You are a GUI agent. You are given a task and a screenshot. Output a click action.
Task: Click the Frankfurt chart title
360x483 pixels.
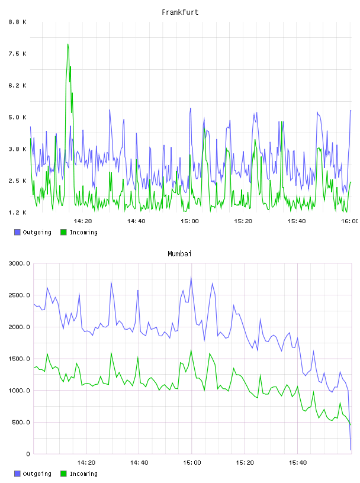coord(180,12)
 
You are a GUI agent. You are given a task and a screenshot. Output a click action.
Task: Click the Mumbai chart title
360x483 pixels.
coord(179,253)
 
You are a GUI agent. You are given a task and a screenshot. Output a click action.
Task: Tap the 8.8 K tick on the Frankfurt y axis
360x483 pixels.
coord(18,22)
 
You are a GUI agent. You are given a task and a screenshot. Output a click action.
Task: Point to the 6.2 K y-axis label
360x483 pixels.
coord(18,85)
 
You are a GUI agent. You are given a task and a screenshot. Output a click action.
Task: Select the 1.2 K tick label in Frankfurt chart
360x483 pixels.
coord(18,212)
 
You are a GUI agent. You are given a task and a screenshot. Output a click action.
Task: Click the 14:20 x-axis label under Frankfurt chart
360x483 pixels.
coord(83,221)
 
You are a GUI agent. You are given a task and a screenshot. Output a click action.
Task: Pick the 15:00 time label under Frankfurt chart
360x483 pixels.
coord(189,221)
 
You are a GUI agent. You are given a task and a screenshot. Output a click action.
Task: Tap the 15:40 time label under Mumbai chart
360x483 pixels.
coord(298,462)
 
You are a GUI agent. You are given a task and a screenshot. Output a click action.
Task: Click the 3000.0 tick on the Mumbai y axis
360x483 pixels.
coord(20,263)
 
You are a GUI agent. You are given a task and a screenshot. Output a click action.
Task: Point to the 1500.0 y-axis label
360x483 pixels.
coord(20,359)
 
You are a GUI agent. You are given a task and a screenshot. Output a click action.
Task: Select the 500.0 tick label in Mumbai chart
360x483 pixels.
coord(21,422)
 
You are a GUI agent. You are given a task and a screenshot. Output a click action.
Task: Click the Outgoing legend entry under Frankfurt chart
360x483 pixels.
coord(33,232)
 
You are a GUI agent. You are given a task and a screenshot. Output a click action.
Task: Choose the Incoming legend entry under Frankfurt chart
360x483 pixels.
coord(79,232)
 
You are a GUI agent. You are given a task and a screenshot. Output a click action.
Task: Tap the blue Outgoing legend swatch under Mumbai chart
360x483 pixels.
coord(17,474)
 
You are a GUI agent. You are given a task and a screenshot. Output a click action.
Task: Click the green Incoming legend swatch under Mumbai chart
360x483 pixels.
coord(63,474)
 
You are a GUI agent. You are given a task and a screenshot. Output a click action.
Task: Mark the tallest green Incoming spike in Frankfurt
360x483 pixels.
coord(68,44)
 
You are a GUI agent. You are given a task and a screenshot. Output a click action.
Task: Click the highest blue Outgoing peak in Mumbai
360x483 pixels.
coord(191,277)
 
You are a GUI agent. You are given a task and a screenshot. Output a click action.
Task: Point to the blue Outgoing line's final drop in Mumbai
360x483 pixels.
coord(349,420)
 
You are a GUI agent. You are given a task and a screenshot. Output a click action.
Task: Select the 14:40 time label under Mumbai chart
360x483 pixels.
coord(139,462)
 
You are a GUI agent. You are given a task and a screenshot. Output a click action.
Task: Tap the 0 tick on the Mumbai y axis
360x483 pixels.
coord(28,454)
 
